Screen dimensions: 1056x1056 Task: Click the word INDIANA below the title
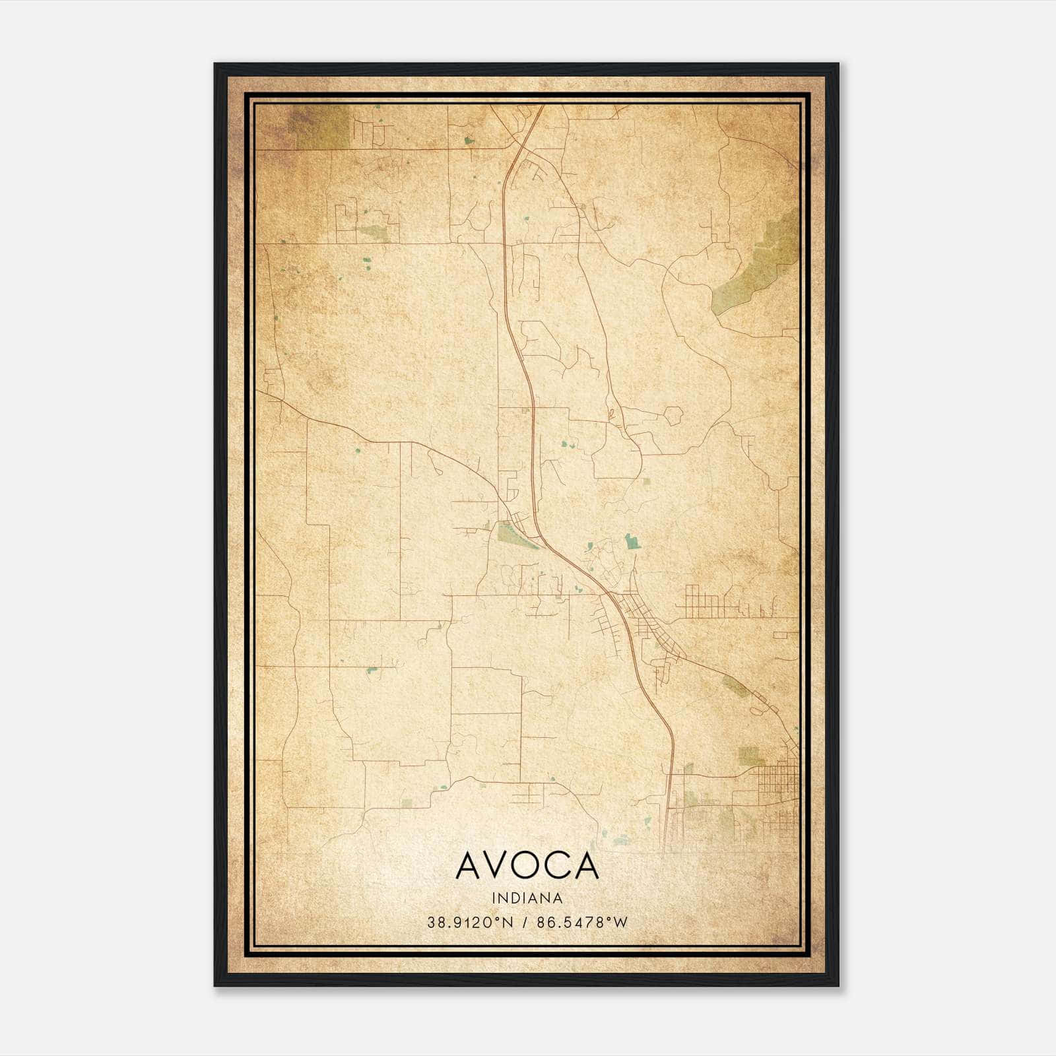tap(527, 898)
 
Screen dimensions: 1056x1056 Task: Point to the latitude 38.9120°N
tap(470, 923)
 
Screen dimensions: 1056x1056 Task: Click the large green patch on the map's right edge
tap(759, 264)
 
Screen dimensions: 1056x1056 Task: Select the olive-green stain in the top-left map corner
tap(320, 125)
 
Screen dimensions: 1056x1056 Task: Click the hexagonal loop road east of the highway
tap(673, 416)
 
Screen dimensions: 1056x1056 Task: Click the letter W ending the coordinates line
tap(620, 923)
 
